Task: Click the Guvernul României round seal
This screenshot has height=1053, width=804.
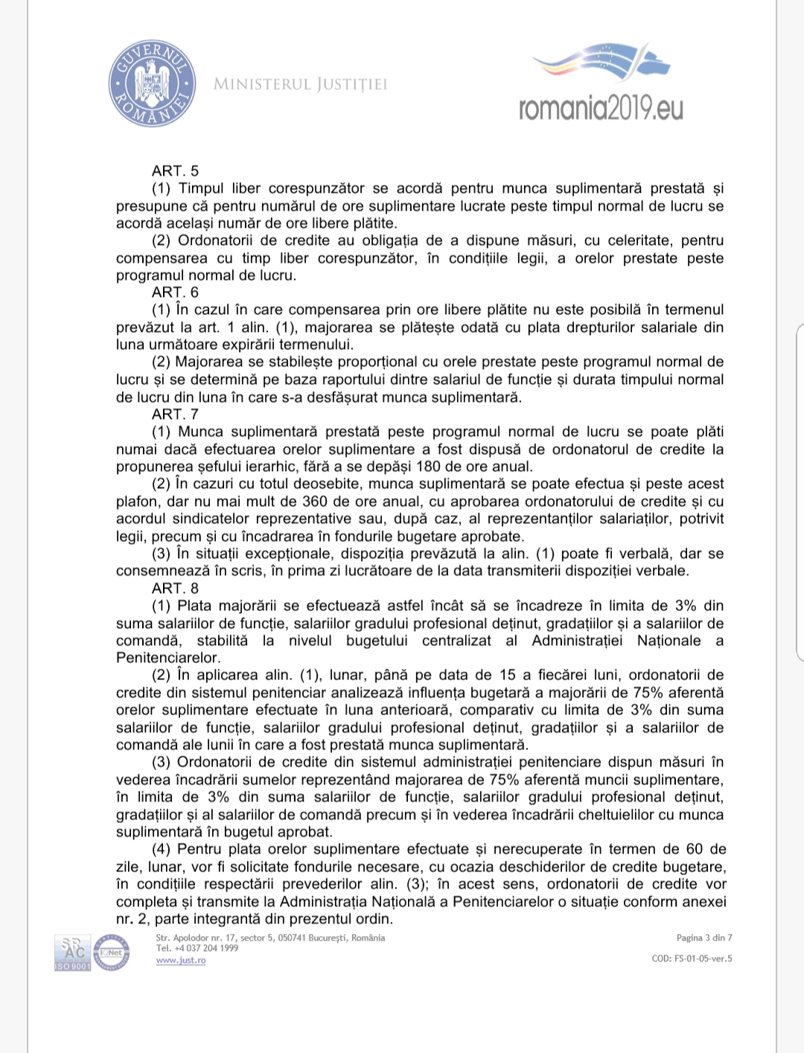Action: point(153,83)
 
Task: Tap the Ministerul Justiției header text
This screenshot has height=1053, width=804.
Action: point(300,84)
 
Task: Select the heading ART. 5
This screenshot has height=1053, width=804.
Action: point(175,171)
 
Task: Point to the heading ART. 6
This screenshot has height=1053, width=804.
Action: point(175,292)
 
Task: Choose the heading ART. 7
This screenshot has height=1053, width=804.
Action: point(175,414)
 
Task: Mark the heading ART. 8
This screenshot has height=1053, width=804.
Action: point(175,588)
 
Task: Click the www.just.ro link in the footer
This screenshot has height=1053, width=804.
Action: point(181,960)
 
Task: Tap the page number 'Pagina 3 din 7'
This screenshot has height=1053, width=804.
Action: point(703,938)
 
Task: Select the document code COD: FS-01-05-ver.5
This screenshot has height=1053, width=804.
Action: point(692,958)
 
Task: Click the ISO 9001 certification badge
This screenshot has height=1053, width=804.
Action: point(72,953)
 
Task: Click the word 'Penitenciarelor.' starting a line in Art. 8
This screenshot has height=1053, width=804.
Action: point(168,658)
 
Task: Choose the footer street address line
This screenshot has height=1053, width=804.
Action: point(270,938)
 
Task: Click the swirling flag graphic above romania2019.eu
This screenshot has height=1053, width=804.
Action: point(602,61)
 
